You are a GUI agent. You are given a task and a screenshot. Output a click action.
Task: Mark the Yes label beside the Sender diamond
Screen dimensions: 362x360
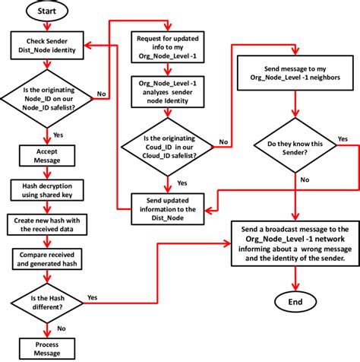(x=343, y=139)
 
